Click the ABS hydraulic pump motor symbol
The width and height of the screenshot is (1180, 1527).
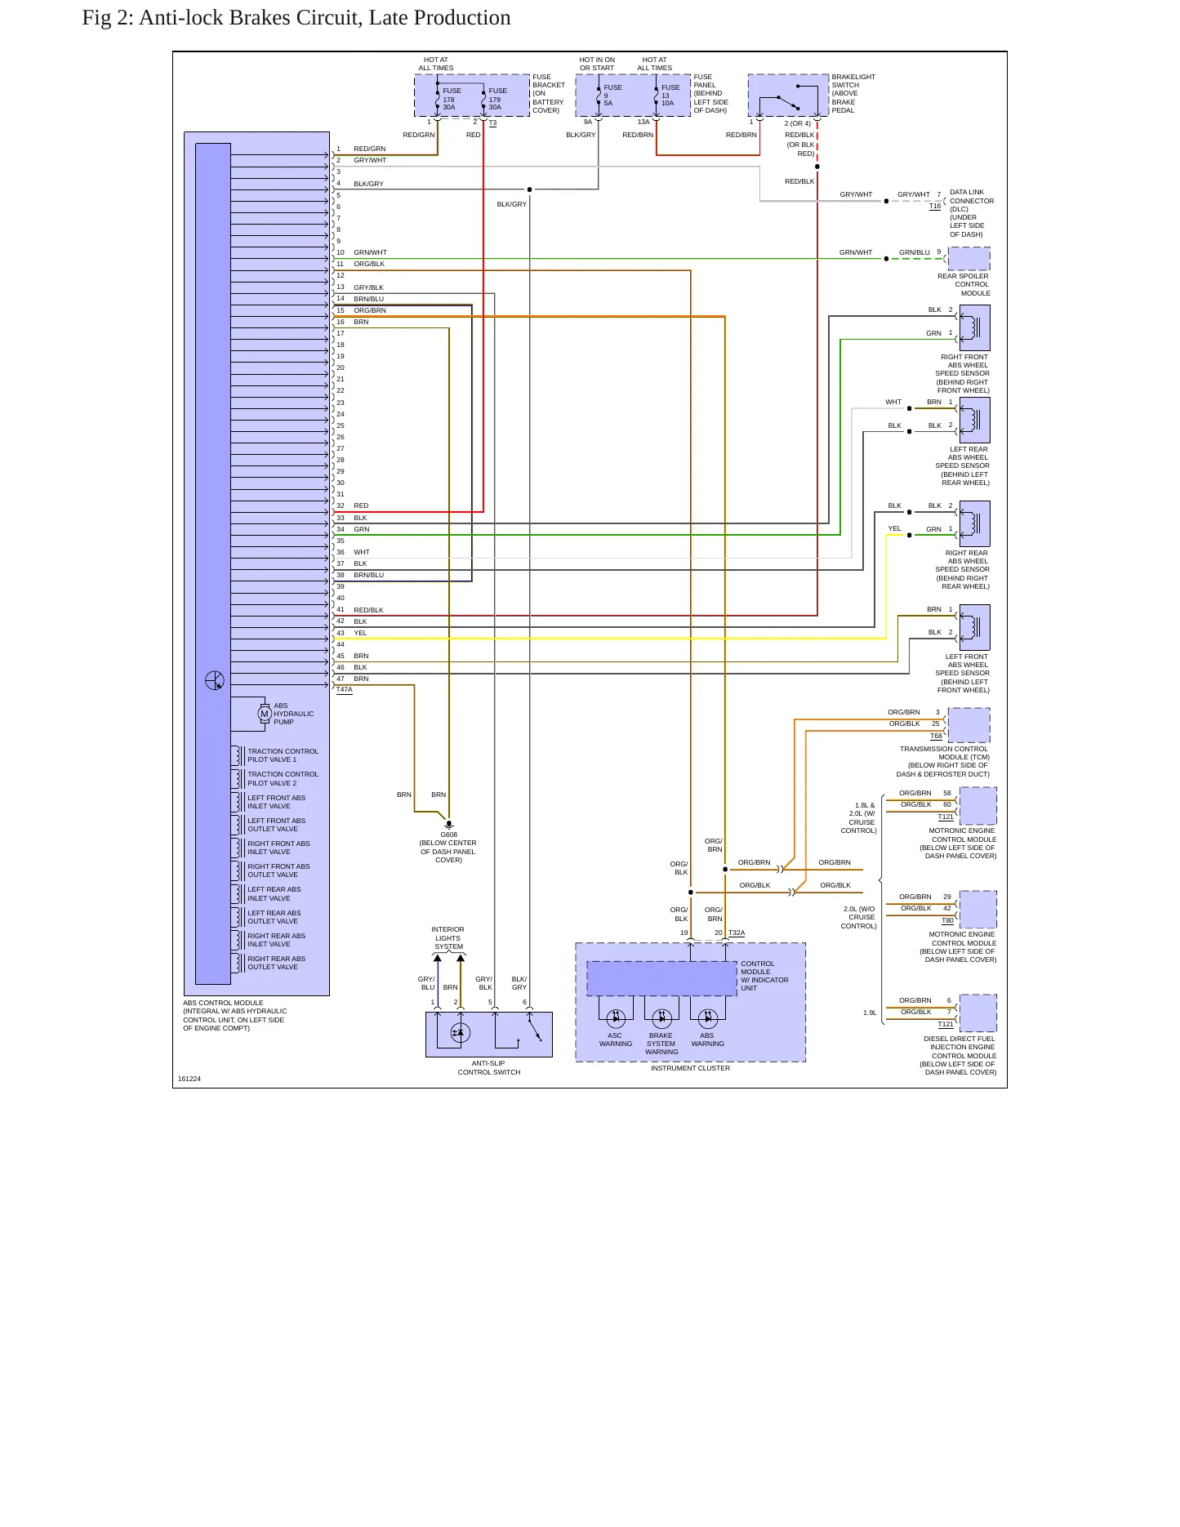point(265,714)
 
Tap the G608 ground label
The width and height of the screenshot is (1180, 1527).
point(448,835)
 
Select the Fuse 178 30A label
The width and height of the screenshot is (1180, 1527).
point(452,99)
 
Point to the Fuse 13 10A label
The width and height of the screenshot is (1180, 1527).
point(670,95)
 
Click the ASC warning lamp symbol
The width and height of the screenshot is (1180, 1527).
point(616,1018)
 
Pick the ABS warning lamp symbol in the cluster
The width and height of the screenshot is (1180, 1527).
point(707,1018)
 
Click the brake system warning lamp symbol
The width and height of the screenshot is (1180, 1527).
point(661,1018)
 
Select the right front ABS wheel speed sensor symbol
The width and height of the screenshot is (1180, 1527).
point(975,327)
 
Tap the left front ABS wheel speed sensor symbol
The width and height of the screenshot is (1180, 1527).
point(975,627)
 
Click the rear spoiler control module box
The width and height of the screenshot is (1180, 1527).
point(969,259)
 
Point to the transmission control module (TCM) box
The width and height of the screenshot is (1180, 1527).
point(969,725)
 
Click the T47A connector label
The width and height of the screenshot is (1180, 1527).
point(345,690)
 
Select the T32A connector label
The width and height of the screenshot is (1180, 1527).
point(737,933)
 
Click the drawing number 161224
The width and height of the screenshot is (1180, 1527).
point(189,1079)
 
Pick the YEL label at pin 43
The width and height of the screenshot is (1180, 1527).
point(360,633)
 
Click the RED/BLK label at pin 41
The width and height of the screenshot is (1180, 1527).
point(368,610)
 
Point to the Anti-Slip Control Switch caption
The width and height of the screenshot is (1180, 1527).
point(489,1068)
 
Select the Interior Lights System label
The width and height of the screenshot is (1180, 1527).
point(448,938)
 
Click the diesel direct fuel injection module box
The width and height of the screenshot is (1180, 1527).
point(978,1013)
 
